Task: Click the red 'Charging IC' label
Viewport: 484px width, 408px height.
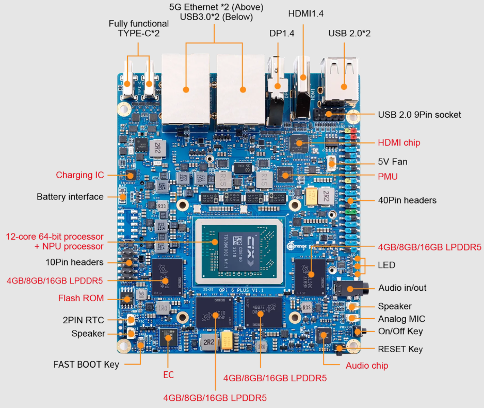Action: tap(80, 175)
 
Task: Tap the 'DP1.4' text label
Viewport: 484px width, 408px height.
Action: tap(281, 33)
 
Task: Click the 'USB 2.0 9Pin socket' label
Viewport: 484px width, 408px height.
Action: tap(420, 115)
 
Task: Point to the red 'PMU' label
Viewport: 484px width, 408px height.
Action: tap(388, 177)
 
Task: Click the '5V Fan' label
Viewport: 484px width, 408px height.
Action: tap(393, 162)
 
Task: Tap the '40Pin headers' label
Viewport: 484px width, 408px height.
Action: tap(407, 200)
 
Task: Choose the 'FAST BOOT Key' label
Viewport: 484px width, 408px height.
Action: tap(86, 364)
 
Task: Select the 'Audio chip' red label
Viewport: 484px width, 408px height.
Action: tap(366, 366)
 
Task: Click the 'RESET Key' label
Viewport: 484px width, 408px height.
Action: tap(400, 349)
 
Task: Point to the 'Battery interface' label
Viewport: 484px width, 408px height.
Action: tap(70, 197)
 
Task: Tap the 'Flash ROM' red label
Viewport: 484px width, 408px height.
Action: tap(80, 299)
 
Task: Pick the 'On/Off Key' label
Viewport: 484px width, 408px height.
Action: tap(400, 332)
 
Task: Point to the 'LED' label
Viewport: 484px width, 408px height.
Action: tap(386, 265)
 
